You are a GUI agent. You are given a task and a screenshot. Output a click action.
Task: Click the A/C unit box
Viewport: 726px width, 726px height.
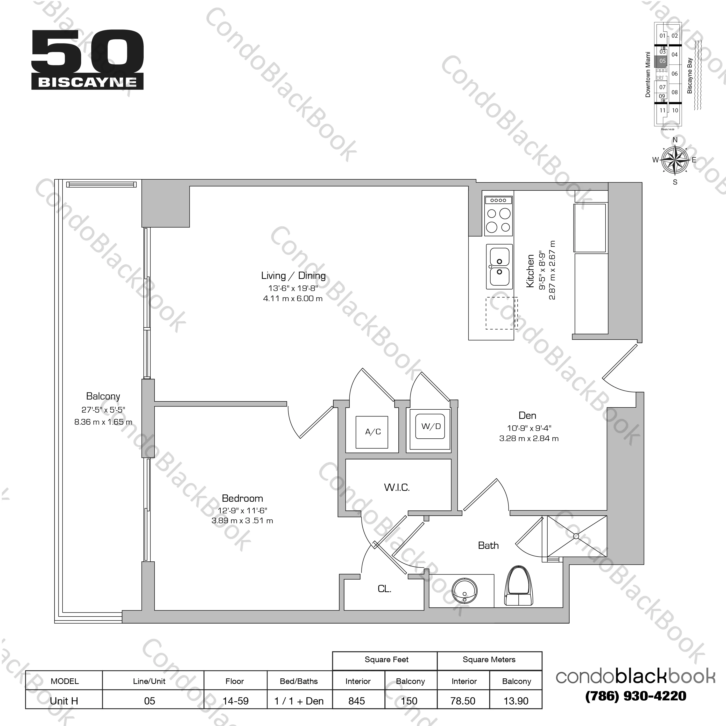pyautogui.click(x=372, y=432)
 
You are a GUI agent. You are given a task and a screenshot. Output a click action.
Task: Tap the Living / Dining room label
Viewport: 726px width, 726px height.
pyautogui.click(x=293, y=276)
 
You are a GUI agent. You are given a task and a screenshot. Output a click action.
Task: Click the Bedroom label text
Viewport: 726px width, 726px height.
pyautogui.click(x=242, y=498)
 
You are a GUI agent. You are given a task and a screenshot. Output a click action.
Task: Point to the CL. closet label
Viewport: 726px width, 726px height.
pyautogui.click(x=384, y=589)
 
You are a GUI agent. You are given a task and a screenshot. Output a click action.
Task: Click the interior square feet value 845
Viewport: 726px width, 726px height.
pyautogui.click(x=357, y=701)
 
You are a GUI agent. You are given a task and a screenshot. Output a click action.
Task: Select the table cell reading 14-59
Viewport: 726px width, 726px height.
pyautogui.click(x=235, y=701)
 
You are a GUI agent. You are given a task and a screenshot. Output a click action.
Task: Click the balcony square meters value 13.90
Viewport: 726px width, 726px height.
pyautogui.click(x=516, y=701)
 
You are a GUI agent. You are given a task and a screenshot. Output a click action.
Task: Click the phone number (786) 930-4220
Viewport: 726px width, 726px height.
pyautogui.click(x=635, y=696)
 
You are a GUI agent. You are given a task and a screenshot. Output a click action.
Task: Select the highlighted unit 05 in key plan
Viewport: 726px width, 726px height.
pyautogui.click(x=662, y=61)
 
